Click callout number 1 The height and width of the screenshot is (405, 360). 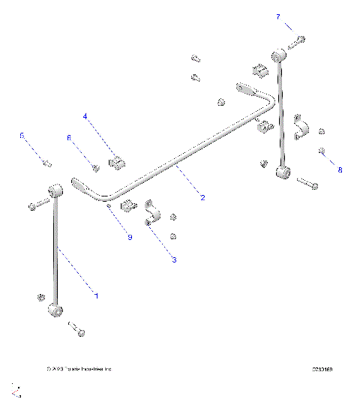tap(96, 295)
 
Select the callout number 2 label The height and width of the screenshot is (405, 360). tap(202, 198)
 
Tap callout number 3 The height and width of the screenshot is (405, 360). tap(175, 260)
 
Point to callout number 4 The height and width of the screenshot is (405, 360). tap(85, 117)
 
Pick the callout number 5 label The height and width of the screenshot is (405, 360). tap(22, 136)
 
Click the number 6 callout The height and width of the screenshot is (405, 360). tap(69, 138)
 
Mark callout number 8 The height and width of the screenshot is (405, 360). tap(339, 170)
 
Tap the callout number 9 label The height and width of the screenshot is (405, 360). tap(129, 237)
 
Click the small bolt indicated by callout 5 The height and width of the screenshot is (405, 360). tap(47, 163)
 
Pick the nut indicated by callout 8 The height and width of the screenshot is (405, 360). tap(321, 151)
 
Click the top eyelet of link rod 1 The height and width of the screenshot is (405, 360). tap(55, 190)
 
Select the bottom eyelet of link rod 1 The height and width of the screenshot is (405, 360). tap(55, 309)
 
